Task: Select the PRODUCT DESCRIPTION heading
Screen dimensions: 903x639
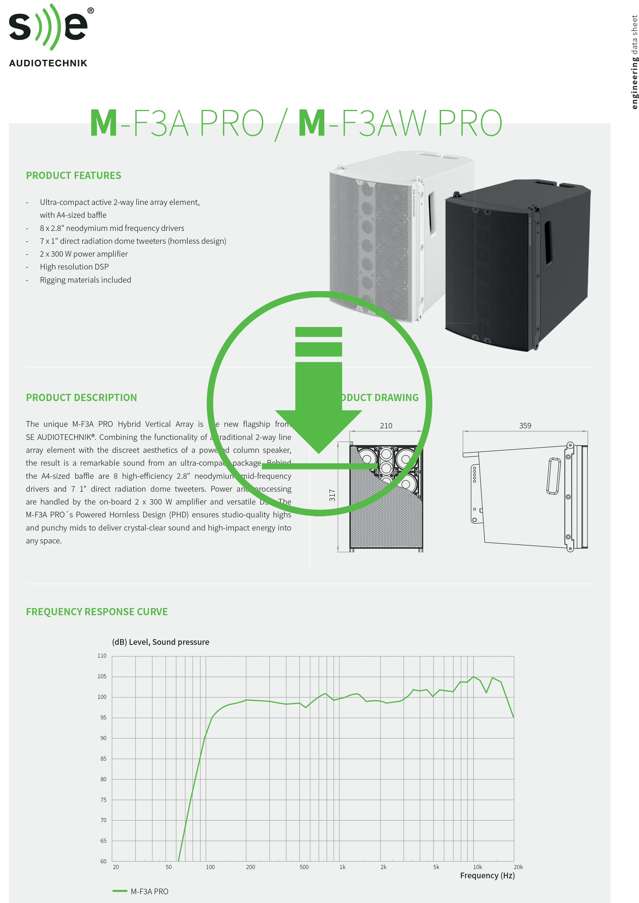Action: pyautogui.click(x=81, y=398)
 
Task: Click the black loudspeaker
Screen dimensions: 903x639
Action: pyautogui.click(x=516, y=267)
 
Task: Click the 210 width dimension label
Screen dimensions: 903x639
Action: pyautogui.click(x=386, y=426)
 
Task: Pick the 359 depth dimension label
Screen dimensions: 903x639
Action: pyautogui.click(x=525, y=426)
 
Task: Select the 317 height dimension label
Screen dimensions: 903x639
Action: pyautogui.click(x=332, y=495)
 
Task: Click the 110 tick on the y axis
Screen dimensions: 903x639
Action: pyautogui.click(x=102, y=656)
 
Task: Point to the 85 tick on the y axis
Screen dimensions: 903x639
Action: pyautogui.click(x=103, y=759)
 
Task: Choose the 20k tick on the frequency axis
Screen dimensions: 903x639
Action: pyautogui.click(x=518, y=867)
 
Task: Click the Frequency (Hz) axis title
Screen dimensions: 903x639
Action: pyautogui.click(x=487, y=875)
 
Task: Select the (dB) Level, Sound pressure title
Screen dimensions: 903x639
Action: pyautogui.click(x=160, y=642)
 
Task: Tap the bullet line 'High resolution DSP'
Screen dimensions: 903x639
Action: pyautogui.click(x=74, y=267)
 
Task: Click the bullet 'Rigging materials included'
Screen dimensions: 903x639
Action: pyautogui.click(x=85, y=280)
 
